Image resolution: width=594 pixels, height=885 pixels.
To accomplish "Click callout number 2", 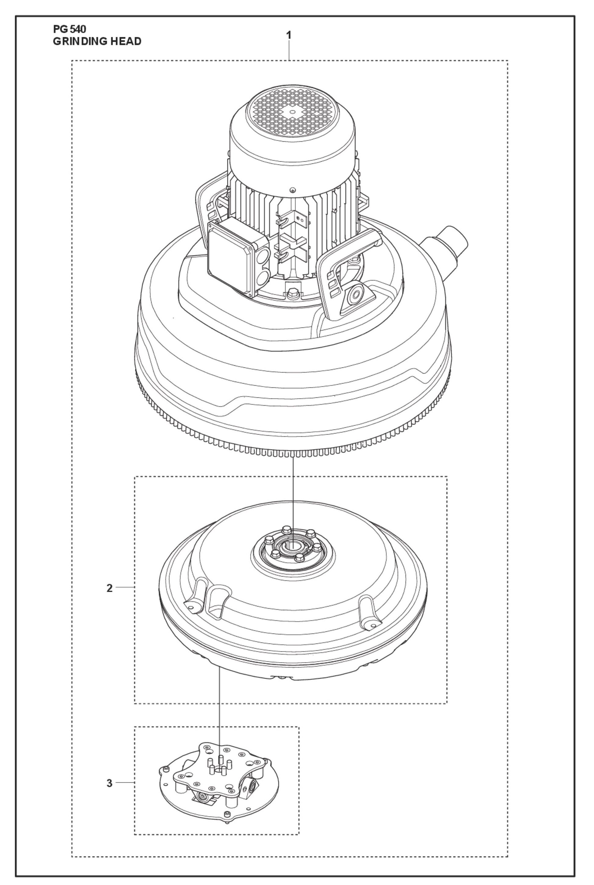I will [110, 588].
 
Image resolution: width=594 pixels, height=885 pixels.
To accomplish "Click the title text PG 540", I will [70, 29].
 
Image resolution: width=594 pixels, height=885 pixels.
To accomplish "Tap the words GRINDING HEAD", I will [97, 41].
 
